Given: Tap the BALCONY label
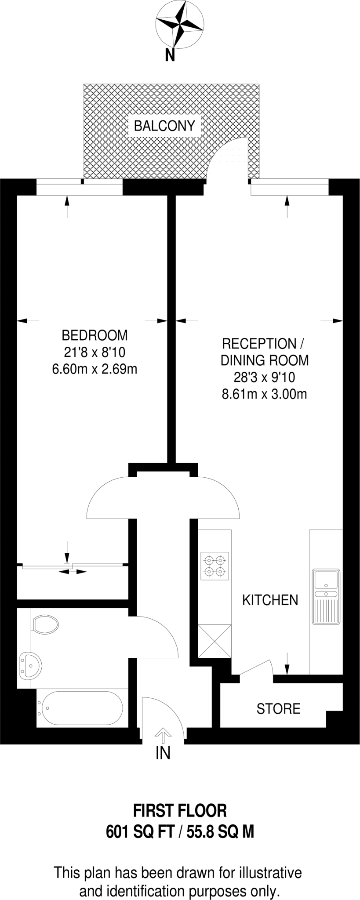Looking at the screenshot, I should pos(164,126).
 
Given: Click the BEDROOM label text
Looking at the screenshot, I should pos(95,335).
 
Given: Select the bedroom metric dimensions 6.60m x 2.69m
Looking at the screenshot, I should pos(95,369).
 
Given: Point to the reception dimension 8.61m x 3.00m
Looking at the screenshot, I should pos(264,394).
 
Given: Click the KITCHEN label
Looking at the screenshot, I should pos(270,600).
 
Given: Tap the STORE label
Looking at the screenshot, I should pos(278,709).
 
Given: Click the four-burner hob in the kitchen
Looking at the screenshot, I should pos(215,566).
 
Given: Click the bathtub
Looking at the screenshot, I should pos(80,708).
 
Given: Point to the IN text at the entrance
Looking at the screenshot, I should pos(163,754).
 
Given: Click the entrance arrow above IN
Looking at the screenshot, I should pos(163,735).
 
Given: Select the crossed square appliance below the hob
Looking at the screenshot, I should pos(215,641).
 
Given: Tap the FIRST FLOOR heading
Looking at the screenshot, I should pos(180,810).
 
